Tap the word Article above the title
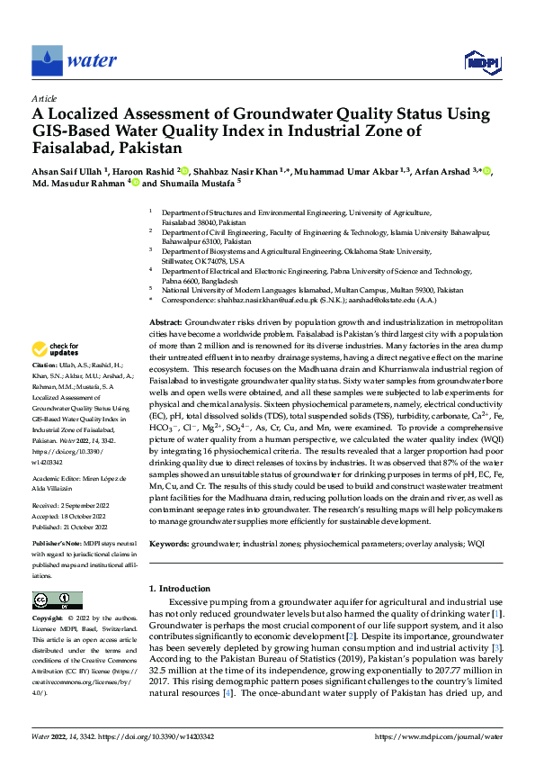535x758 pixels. coord(43,98)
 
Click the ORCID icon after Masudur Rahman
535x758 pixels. coord(135,182)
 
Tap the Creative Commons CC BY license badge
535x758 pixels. coord(57,600)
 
